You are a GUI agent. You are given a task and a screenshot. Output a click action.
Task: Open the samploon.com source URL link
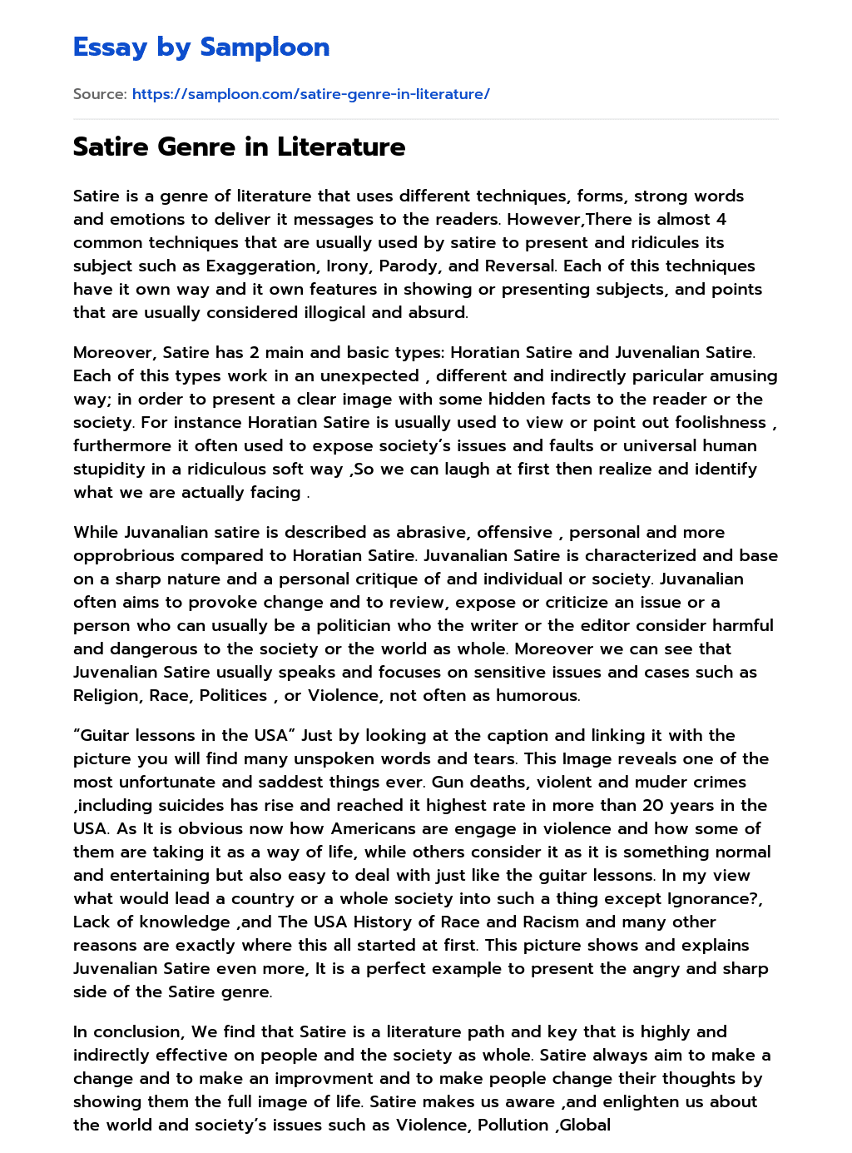(x=310, y=94)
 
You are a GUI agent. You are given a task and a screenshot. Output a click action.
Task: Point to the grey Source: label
(x=100, y=94)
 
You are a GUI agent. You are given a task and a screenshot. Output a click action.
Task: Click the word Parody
(x=409, y=266)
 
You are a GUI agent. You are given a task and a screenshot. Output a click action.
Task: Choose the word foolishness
(x=709, y=422)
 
